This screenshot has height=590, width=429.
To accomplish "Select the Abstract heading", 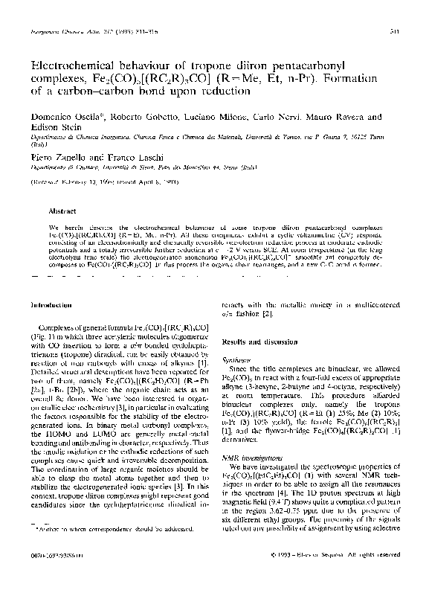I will click(x=62, y=211).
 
